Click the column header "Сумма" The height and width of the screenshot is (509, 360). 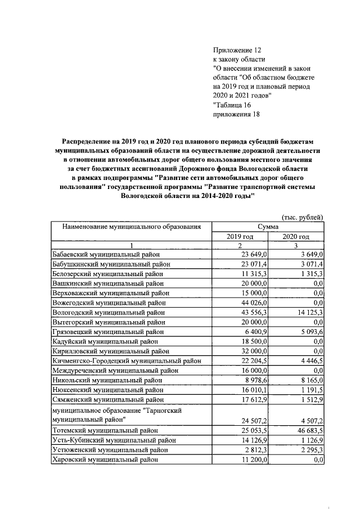[268, 227]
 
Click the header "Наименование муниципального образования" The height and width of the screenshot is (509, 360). [131, 227]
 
